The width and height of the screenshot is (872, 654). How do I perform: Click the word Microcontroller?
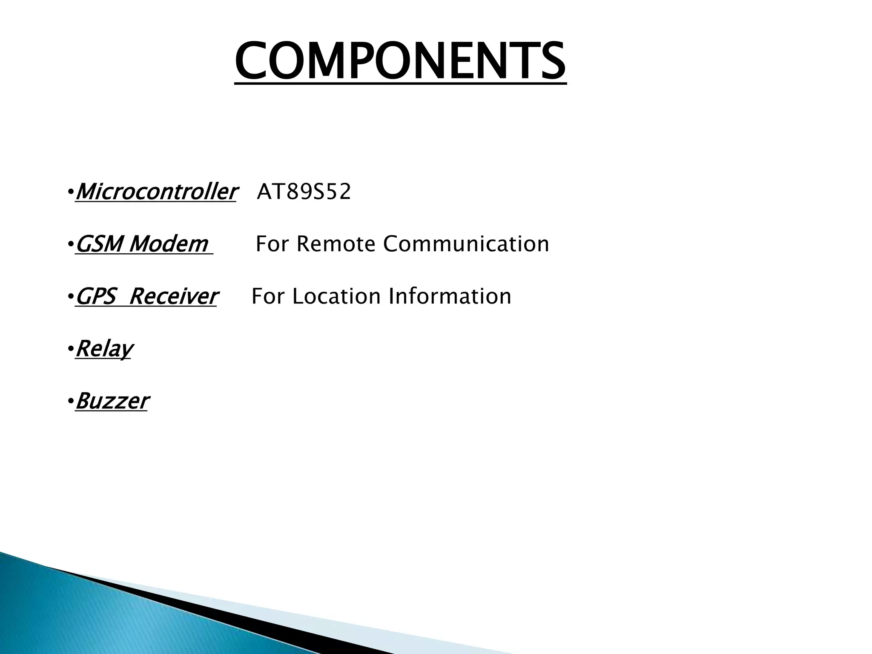point(155,192)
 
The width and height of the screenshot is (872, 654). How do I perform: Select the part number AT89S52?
point(304,192)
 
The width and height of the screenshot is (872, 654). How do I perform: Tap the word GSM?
point(99,244)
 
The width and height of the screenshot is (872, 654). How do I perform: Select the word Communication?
point(466,244)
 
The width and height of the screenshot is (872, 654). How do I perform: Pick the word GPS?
point(96,296)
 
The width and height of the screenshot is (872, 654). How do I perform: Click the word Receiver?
point(173,296)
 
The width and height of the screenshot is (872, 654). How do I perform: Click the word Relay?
point(104,349)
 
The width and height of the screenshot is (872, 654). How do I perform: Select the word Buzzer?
point(112,401)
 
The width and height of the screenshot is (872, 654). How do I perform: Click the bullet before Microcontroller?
point(70,193)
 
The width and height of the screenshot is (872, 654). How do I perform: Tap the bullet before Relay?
point(70,350)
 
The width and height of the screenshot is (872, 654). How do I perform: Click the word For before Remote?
point(273,244)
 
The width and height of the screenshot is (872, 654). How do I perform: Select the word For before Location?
point(269,296)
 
